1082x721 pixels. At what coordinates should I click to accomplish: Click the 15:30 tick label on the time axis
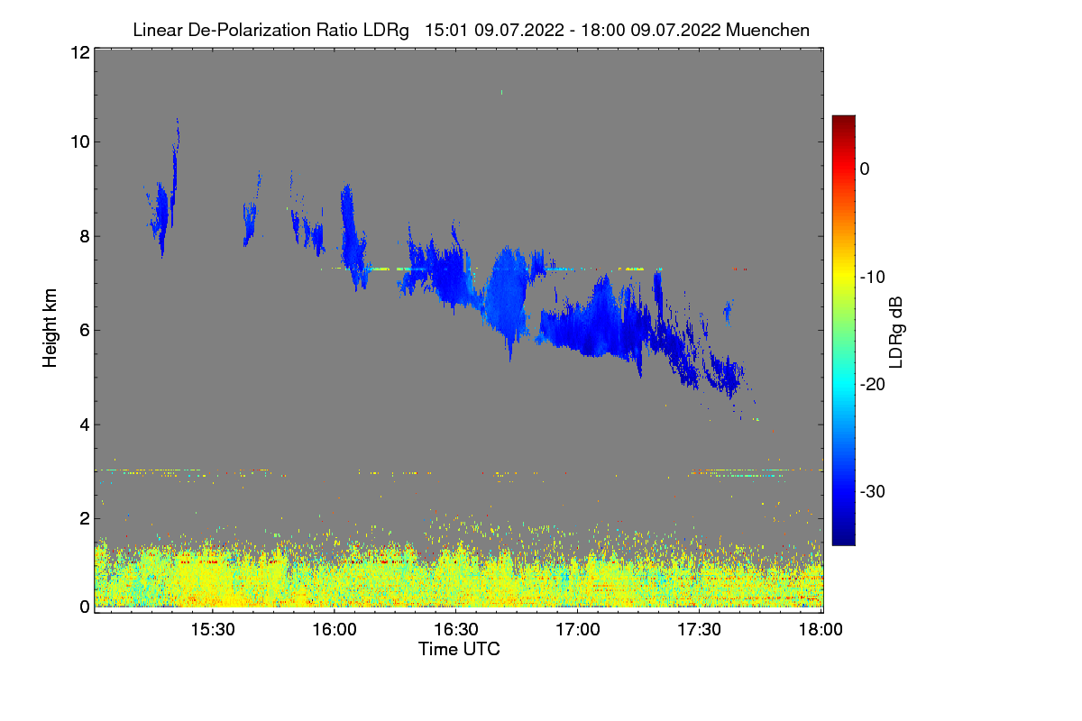click(x=212, y=630)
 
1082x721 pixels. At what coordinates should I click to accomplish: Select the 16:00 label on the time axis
click(x=334, y=630)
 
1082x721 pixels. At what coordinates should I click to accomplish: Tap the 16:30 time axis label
click(x=455, y=630)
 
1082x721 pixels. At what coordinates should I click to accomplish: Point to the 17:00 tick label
click(x=578, y=630)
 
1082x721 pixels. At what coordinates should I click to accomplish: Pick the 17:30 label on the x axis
click(x=700, y=630)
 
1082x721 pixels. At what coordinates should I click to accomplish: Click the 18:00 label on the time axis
click(x=820, y=630)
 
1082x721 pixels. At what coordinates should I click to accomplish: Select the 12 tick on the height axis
click(x=79, y=52)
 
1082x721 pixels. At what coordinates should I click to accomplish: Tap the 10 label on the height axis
click(x=79, y=141)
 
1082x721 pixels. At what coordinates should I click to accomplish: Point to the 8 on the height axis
click(x=84, y=236)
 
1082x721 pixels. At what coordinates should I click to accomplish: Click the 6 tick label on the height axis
click(x=84, y=330)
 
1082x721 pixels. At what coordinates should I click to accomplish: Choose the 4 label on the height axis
click(x=84, y=424)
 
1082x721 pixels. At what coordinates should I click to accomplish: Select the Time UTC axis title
click(x=459, y=649)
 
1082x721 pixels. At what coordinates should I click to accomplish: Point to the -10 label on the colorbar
click(x=872, y=277)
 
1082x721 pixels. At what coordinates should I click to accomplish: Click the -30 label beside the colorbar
click(x=872, y=492)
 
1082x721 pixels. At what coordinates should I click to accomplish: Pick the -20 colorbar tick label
click(x=872, y=385)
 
